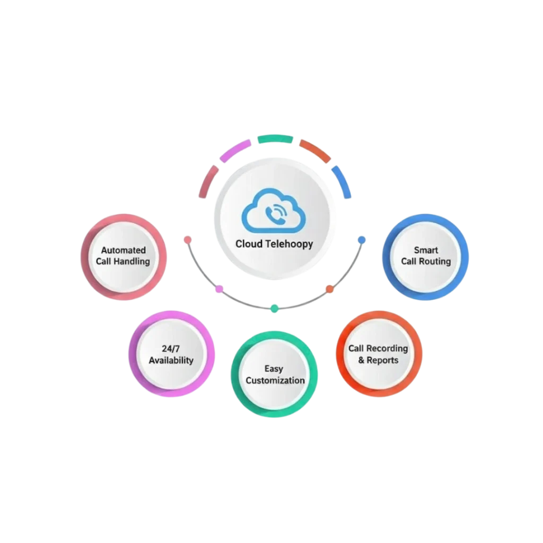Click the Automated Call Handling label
pos(123,256)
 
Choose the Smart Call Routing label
pos(426,256)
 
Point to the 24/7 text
pos(171,349)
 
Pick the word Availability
pos(171,361)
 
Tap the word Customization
pos(275,380)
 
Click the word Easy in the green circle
pos(274,369)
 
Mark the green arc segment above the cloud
pos(275,139)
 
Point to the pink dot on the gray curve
pos(187,240)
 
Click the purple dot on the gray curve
pos(220,289)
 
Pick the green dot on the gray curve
pos(274,308)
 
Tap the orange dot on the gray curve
pos(329,289)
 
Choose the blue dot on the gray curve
pos(362,240)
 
